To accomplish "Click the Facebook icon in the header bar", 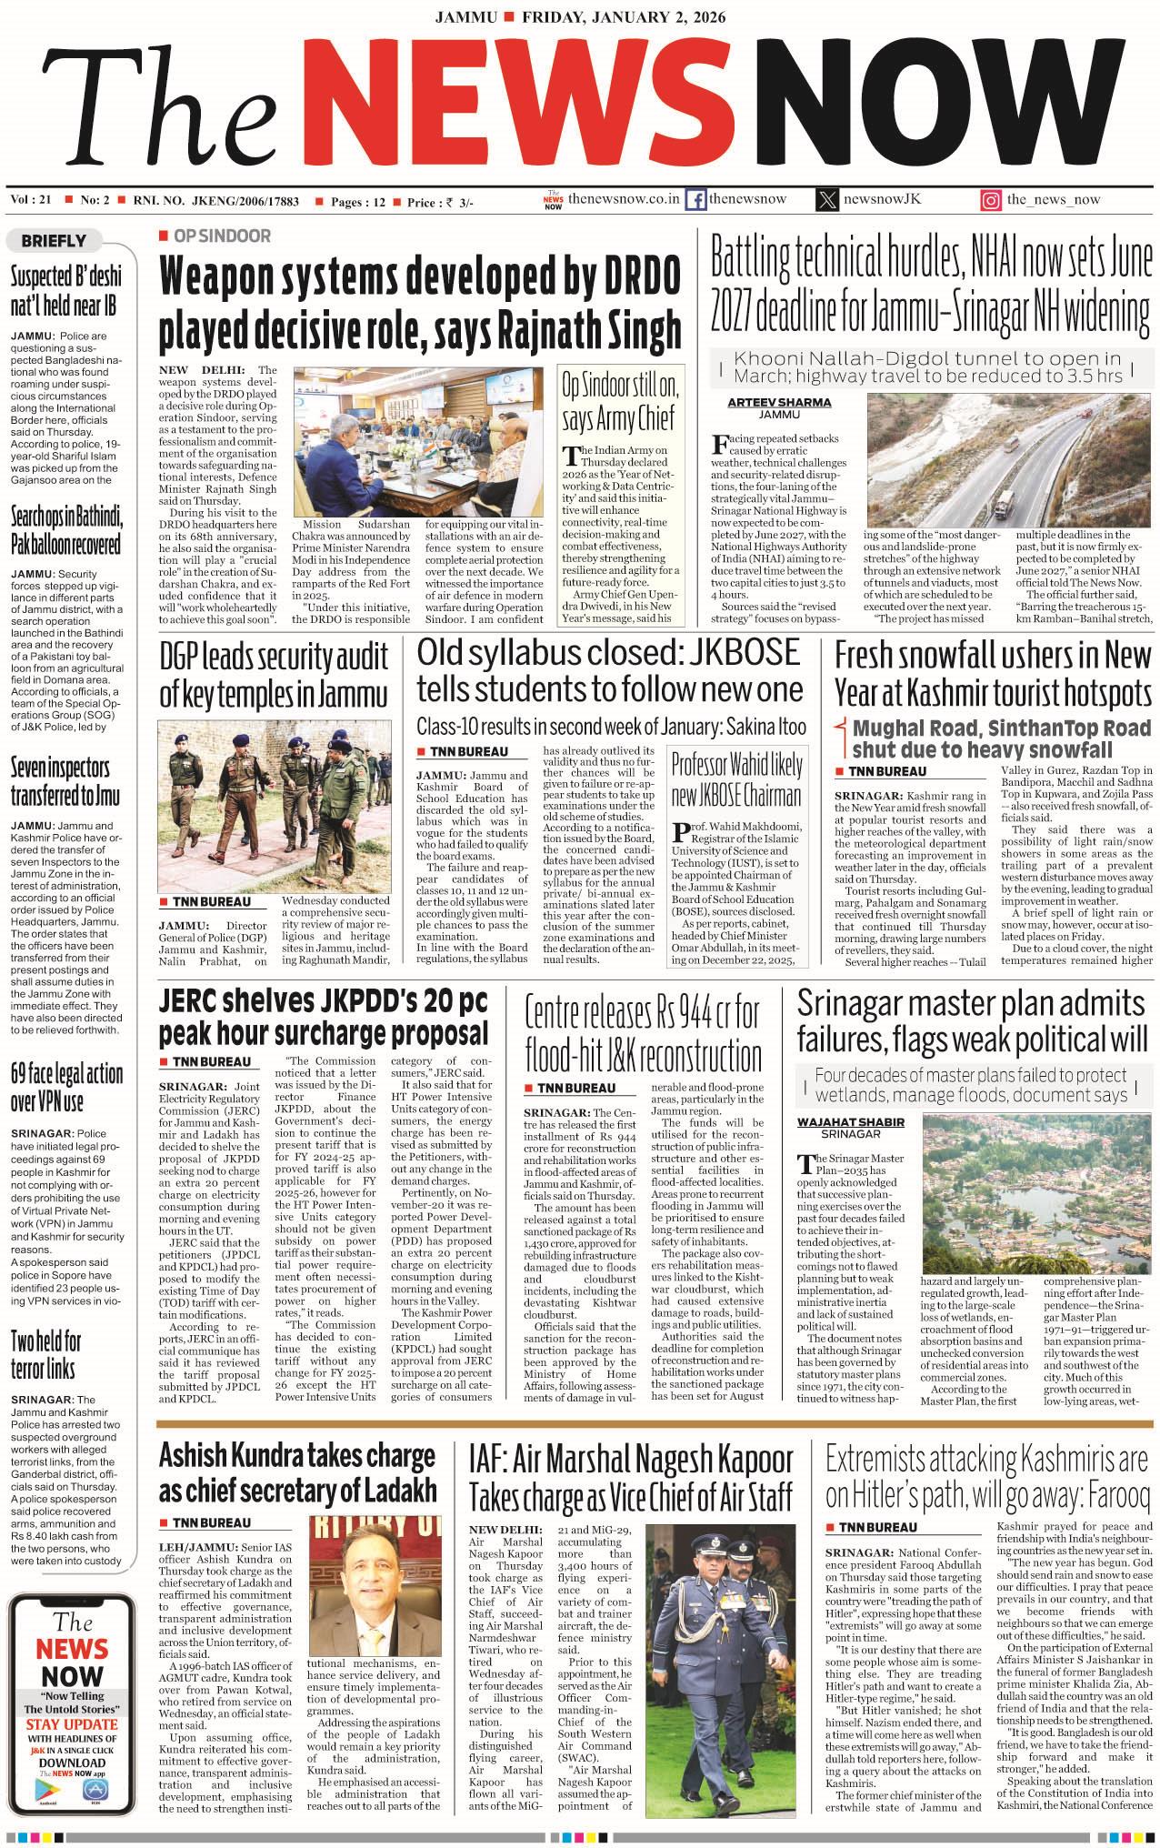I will [x=695, y=200].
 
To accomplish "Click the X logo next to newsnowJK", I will [x=826, y=200].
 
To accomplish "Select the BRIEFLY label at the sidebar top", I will [x=54, y=241].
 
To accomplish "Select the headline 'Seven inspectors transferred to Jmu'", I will [x=60, y=780].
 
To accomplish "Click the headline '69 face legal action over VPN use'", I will [x=66, y=1087].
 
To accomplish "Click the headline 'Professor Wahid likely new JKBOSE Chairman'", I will [x=736, y=780].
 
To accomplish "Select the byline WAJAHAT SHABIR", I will [x=850, y=1121].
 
